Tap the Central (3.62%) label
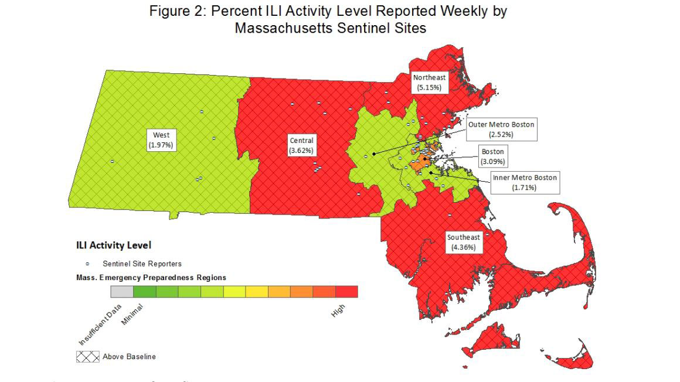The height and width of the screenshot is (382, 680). (x=301, y=145)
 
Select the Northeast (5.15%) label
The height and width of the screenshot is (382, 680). (x=429, y=82)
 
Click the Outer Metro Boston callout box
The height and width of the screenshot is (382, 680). (x=501, y=129)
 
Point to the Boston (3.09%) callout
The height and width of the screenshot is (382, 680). (x=492, y=156)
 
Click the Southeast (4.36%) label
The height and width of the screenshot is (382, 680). (x=463, y=242)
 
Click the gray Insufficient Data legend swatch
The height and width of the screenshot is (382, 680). (x=122, y=291)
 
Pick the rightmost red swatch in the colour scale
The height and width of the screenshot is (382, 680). (x=346, y=291)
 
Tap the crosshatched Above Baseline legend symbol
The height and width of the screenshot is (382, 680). (x=87, y=356)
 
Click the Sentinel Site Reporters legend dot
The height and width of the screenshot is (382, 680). (x=87, y=264)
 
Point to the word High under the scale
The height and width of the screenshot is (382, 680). (x=338, y=312)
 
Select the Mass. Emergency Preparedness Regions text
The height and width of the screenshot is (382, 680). (x=151, y=277)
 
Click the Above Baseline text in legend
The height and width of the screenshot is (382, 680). (x=129, y=356)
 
